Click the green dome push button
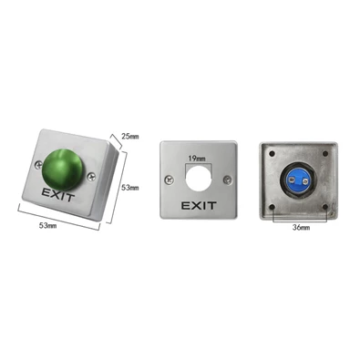click(x=62, y=170)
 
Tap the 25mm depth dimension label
click(x=130, y=137)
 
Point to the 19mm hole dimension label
click(x=197, y=159)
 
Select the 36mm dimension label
click(x=301, y=227)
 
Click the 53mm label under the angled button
click(x=47, y=226)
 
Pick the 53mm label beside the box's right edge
click(x=130, y=188)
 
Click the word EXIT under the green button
click(x=58, y=194)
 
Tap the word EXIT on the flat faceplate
click(x=199, y=206)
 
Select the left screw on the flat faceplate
click(x=169, y=180)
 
